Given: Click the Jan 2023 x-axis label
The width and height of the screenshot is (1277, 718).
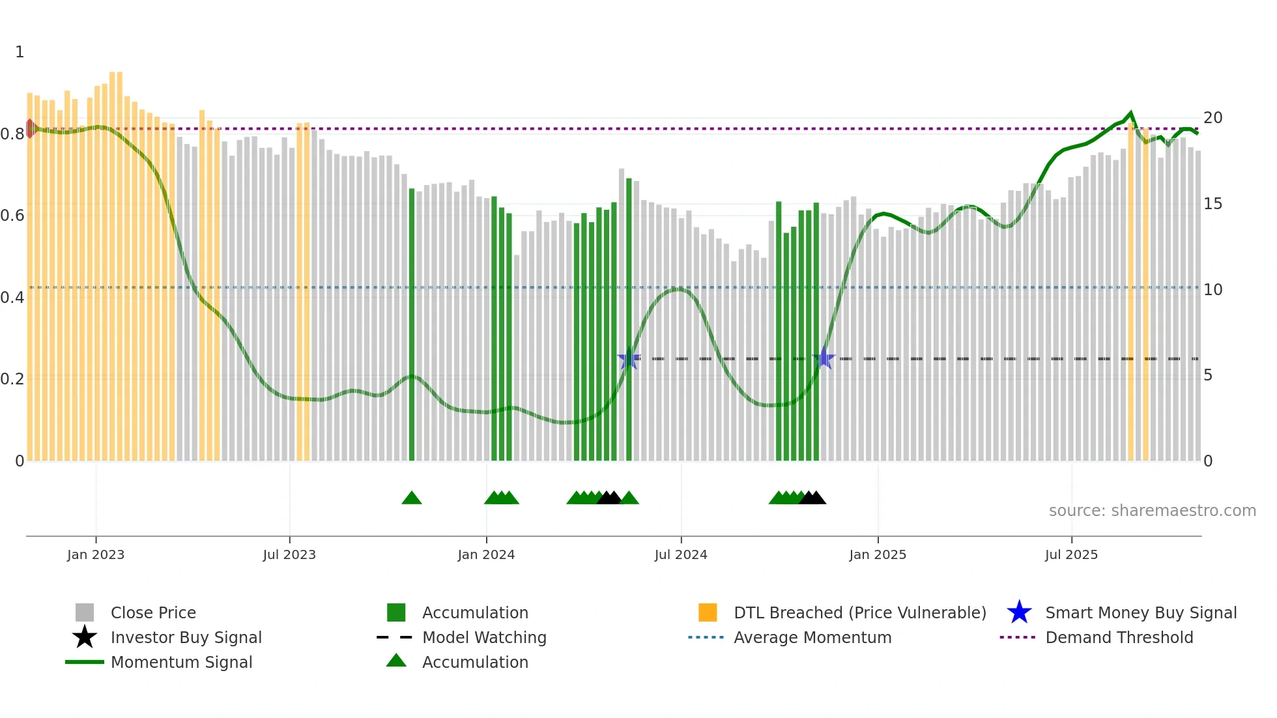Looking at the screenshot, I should (96, 554).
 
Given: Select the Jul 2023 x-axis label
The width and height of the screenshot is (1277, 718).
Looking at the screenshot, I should (289, 554).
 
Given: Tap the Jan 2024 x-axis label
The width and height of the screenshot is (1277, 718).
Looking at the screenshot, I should (486, 554).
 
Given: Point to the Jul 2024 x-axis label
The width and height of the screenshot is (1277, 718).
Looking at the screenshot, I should (681, 554).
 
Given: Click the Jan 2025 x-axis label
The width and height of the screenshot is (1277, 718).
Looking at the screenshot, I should (878, 554).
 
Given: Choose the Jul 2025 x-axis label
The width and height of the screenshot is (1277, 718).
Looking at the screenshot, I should (1071, 554).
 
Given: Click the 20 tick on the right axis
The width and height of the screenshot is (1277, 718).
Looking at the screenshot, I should (1212, 118).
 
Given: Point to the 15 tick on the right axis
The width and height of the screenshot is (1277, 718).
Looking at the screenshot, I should (1212, 204).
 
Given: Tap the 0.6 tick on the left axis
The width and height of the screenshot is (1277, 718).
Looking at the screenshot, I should (12, 216).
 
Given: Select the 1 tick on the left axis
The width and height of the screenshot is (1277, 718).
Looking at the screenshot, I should (20, 52).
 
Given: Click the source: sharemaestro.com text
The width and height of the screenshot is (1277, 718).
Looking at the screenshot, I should (1152, 511).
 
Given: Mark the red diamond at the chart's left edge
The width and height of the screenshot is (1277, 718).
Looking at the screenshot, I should (30, 128).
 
